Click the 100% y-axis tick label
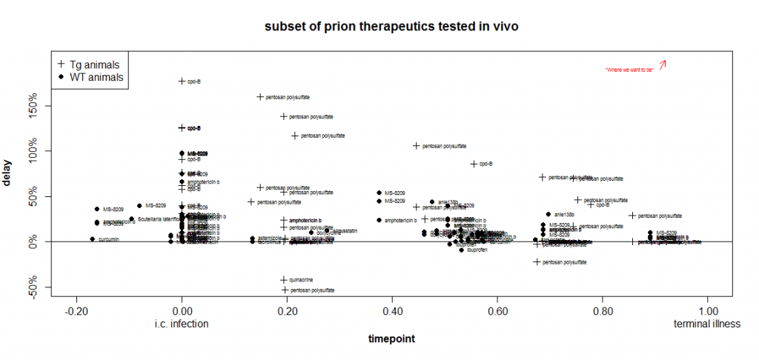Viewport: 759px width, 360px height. pos(37,151)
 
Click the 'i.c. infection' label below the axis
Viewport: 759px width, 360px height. pos(182,324)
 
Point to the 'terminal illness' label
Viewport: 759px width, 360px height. pos(707,324)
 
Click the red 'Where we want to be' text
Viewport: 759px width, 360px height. pos(629,70)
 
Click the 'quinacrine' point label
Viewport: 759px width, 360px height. pos(302,279)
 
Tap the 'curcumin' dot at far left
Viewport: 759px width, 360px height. pos(93,239)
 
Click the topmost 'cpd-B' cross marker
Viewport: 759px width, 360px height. pos(182,81)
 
